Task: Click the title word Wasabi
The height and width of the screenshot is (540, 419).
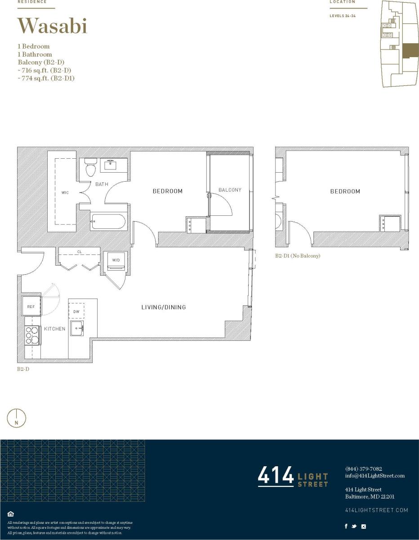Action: pos(52,26)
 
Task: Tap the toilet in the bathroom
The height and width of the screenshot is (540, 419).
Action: pos(90,168)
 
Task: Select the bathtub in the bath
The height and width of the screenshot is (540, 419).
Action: pos(108,222)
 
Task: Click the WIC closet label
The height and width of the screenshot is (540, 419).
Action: pos(65,193)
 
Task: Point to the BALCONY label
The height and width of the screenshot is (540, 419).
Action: pos(230,190)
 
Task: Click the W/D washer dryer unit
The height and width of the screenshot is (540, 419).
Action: pos(116,261)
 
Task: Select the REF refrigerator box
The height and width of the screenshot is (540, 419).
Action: pos(31,307)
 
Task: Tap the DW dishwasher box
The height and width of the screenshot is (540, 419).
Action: pos(76,311)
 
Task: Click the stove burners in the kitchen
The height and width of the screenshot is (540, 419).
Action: pos(32,335)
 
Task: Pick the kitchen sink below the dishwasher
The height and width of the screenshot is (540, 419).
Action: pos(76,328)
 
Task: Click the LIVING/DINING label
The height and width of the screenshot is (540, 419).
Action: pos(164,308)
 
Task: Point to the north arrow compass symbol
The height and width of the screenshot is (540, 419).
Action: pos(17,418)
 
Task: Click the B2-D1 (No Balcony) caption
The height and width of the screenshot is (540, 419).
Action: pos(298,256)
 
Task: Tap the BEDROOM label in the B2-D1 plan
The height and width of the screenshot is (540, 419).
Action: pos(345,192)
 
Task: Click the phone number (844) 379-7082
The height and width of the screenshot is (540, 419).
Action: pos(363,469)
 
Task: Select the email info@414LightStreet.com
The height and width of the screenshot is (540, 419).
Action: pos(374,476)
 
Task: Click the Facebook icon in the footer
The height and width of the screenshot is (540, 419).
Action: pos(346,526)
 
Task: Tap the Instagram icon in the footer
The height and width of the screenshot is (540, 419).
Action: pos(364,526)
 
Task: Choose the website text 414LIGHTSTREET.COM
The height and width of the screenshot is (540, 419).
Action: pos(376,510)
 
